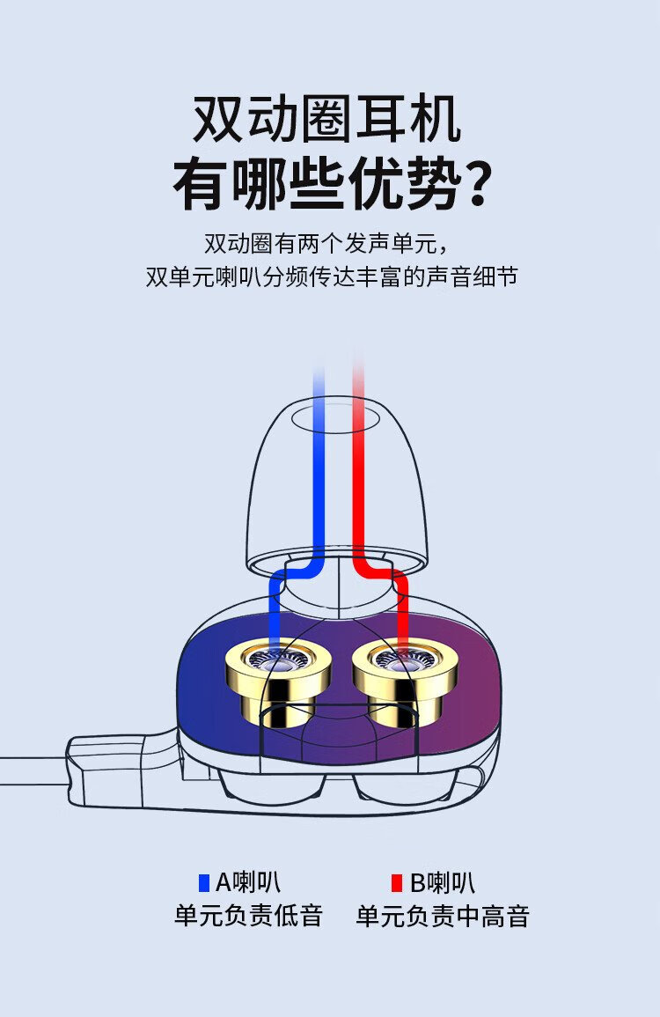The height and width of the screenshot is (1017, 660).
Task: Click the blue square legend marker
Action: (204, 883)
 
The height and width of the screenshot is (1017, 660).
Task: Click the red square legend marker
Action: (397, 883)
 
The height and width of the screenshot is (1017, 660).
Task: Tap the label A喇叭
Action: (247, 883)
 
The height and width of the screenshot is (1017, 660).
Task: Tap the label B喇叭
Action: (443, 883)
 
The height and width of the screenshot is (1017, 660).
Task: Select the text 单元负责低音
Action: (248, 916)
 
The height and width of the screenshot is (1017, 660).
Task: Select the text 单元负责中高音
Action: (443, 916)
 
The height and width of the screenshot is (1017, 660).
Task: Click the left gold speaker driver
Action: (278, 680)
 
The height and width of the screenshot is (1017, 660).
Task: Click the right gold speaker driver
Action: (405, 680)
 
